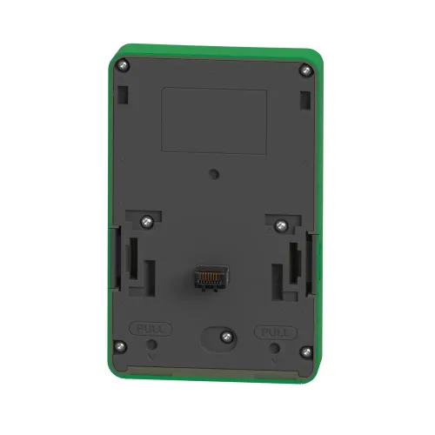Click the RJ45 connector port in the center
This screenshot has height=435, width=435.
tap(211, 278)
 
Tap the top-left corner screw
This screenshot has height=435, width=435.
tap(124, 64)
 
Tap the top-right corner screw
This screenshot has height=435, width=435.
tap(305, 70)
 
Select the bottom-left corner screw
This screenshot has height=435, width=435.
tap(120, 346)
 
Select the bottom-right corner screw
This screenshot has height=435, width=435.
tap(305, 352)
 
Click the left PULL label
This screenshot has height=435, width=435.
tap(151, 329)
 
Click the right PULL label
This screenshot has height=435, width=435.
tap(276, 332)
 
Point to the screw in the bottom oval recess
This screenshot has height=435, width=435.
tap(227, 337)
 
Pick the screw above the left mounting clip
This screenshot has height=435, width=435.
tap(147, 222)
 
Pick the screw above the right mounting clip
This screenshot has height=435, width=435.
tap(281, 225)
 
